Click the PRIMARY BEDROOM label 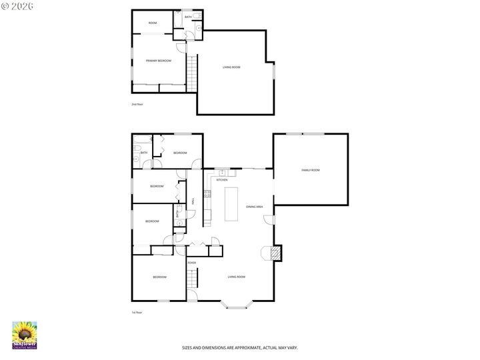(159, 61)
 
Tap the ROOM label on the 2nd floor (152, 23)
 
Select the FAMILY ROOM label (311, 170)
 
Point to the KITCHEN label (222, 180)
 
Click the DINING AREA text (254, 207)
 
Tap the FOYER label (192, 263)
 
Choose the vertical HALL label (193, 200)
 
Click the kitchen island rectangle (233, 205)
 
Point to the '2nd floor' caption (137, 104)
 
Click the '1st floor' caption (137, 312)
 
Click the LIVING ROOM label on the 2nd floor (231, 67)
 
